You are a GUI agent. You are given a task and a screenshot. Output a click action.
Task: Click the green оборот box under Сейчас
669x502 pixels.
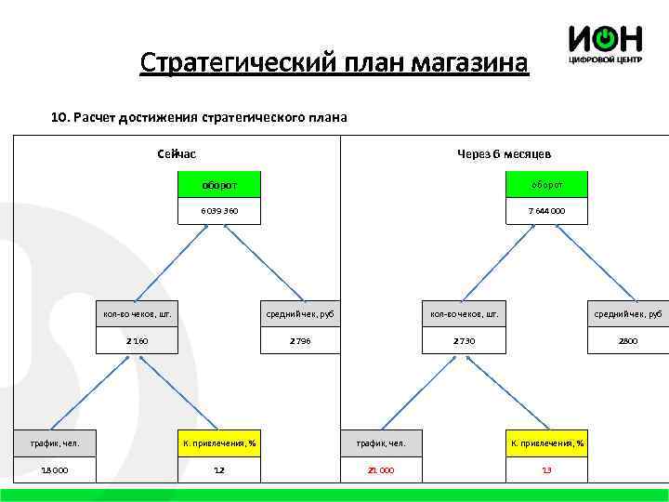tap(219, 185)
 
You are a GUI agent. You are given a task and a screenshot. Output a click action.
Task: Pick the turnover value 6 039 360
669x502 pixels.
tap(219, 211)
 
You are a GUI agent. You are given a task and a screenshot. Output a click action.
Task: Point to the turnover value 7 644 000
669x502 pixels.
tap(546, 211)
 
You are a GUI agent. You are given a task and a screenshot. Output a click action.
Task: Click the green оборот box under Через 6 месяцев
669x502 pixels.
tap(546, 185)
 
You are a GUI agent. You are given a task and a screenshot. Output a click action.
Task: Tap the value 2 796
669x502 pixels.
tap(300, 341)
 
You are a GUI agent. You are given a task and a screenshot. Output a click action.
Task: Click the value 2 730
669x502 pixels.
tap(464, 341)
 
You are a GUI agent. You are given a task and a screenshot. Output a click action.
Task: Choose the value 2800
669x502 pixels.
tap(628, 341)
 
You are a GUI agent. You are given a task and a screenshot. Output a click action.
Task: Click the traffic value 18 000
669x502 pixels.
tap(54, 469)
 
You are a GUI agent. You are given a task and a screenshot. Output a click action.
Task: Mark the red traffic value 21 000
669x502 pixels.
tap(381, 469)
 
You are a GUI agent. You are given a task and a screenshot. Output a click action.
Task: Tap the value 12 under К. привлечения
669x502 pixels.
tap(219, 469)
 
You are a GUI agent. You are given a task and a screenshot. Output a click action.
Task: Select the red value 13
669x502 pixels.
tap(546, 469)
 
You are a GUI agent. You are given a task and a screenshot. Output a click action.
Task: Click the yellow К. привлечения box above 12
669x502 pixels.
tap(219, 443)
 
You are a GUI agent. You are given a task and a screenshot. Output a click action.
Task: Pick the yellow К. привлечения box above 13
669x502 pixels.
tap(546, 443)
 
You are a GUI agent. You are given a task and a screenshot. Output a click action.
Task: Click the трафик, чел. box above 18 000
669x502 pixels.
tap(54, 443)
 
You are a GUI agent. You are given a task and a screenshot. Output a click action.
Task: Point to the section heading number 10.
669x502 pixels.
tap(58, 118)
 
